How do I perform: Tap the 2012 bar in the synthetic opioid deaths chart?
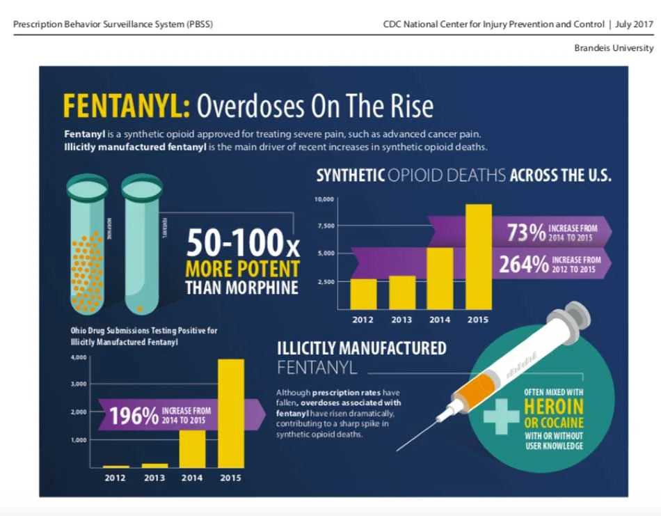[363, 293]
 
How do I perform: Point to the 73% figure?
[526, 233]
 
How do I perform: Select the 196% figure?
[134, 416]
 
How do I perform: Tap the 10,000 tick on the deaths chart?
[326, 199]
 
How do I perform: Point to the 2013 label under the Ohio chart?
[154, 478]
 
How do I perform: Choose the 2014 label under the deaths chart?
[440, 320]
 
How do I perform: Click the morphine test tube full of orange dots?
[87, 247]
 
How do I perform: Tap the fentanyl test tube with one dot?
[142, 247]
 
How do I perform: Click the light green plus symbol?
[502, 416]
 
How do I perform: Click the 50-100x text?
[243, 244]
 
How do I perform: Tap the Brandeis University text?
[614, 48]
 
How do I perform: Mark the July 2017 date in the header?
[635, 24]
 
